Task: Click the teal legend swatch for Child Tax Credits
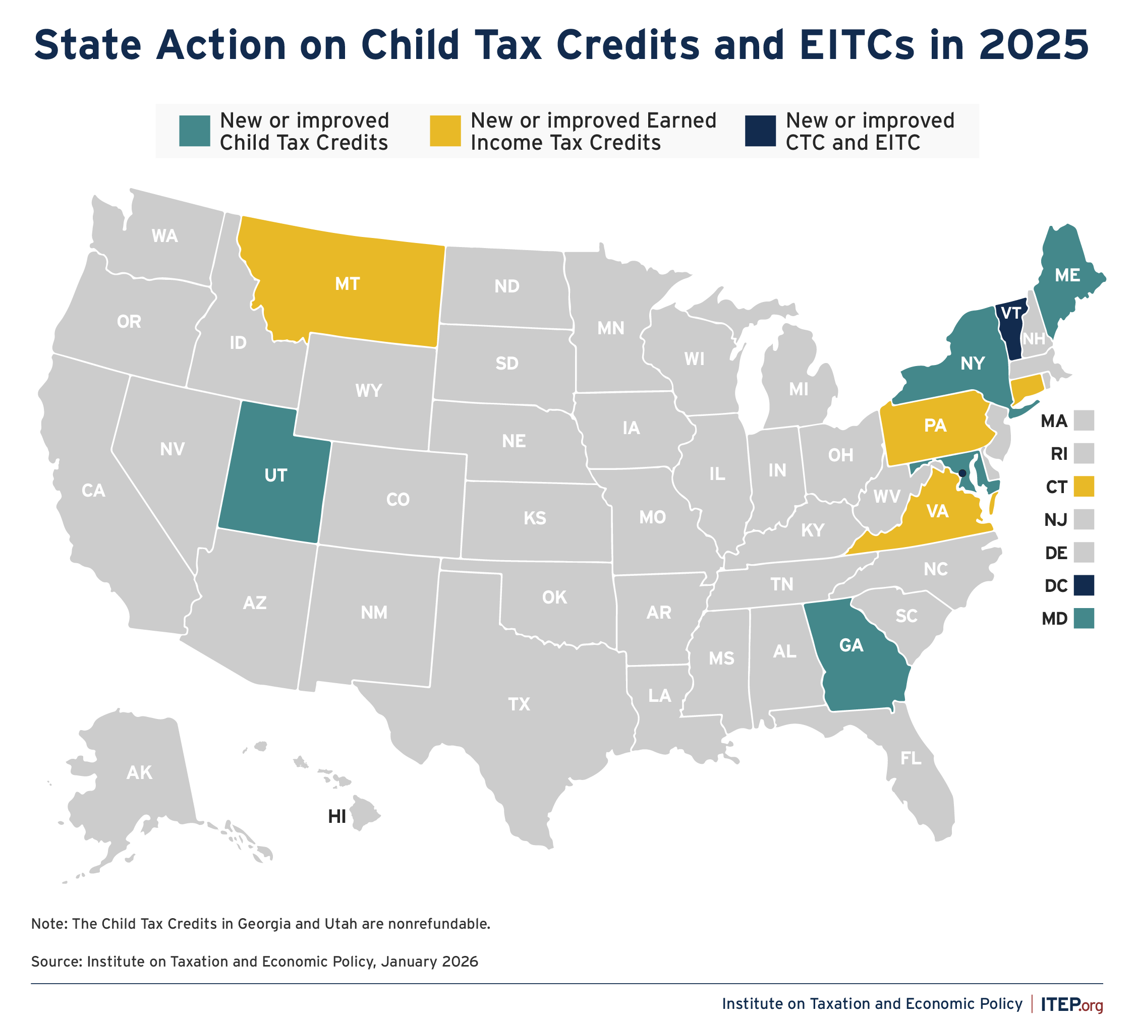pyautogui.click(x=194, y=131)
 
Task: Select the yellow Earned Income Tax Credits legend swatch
pyautogui.click(x=445, y=131)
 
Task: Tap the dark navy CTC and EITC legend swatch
pyautogui.click(x=760, y=131)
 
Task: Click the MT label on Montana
pyautogui.click(x=347, y=284)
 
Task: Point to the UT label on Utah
pyautogui.click(x=275, y=475)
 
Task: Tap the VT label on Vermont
pyautogui.click(x=1011, y=313)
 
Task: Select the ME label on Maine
pyautogui.click(x=1067, y=275)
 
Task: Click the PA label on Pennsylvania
pyautogui.click(x=935, y=426)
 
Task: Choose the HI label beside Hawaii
pyautogui.click(x=336, y=817)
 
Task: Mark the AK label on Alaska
pyautogui.click(x=139, y=773)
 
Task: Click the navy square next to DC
pyautogui.click(x=1084, y=586)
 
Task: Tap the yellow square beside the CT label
pyautogui.click(x=1084, y=486)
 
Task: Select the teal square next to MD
pyautogui.click(x=1084, y=619)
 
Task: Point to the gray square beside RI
pyautogui.click(x=1084, y=453)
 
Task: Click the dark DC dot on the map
pyautogui.click(x=962, y=473)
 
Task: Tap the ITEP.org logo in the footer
pyautogui.click(x=1071, y=1004)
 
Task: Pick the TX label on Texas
pyautogui.click(x=519, y=704)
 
